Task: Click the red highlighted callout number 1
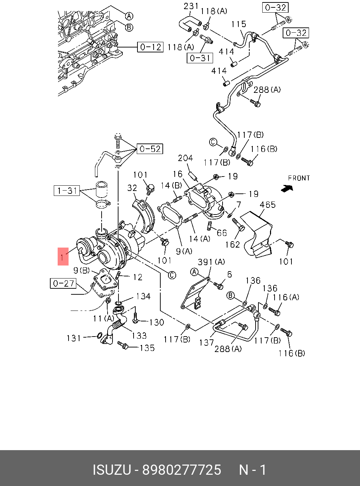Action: pyautogui.click(x=63, y=256)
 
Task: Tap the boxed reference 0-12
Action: pyautogui.click(x=150, y=47)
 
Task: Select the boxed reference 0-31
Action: pyautogui.click(x=200, y=58)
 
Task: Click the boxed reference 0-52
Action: pyautogui.click(x=150, y=149)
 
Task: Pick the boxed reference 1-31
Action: pyautogui.click(x=67, y=191)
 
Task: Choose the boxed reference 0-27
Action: pyautogui.click(x=64, y=283)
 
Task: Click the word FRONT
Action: pyautogui.click(x=299, y=178)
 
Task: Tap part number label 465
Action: pyautogui.click(x=268, y=205)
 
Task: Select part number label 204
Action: pyautogui.click(x=185, y=158)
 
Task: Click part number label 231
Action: pyautogui.click(x=191, y=6)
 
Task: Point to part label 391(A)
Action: pyautogui.click(x=211, y=262)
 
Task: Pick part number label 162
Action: pyautogui.click(x=232, y=244)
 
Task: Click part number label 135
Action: pyautogui.click(x=147, y=348)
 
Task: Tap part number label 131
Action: pyautogui.click(x=74, y=338)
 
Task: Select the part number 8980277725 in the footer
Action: pyautogui.click(x=181, y=470)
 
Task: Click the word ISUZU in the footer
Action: pyautogui.click(x=112, y=470)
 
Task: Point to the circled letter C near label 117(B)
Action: pyautogui.click(x=213, y=142)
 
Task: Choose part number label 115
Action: pyautogui.click(x=238, y=24)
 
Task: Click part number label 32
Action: pyautogui.click(x=132, y=188)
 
